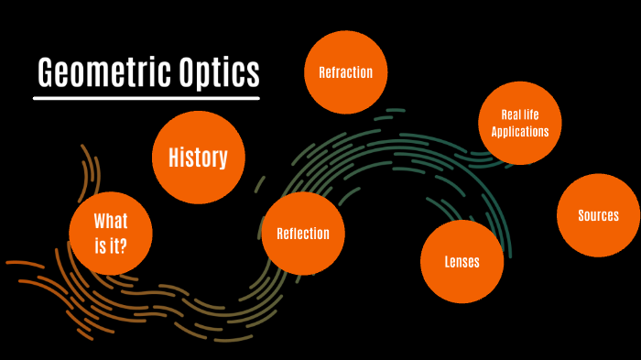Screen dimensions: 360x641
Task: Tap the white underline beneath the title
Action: click(147, 97)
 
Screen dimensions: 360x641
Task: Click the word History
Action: click(198, 158)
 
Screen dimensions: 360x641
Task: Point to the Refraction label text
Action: click(345, 72)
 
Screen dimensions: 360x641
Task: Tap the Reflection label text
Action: click(303, 234)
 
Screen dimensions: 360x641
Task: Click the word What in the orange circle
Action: click(111, 222)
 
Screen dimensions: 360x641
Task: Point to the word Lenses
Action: click(462, 262)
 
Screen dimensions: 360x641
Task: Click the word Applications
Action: click(519, 131)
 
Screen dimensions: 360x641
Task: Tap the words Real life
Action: click(519, 115)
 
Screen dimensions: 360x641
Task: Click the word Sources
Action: click(598, 216)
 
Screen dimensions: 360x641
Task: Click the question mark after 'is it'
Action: click(124, 245)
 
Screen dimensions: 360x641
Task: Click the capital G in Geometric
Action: click(47, 72)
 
